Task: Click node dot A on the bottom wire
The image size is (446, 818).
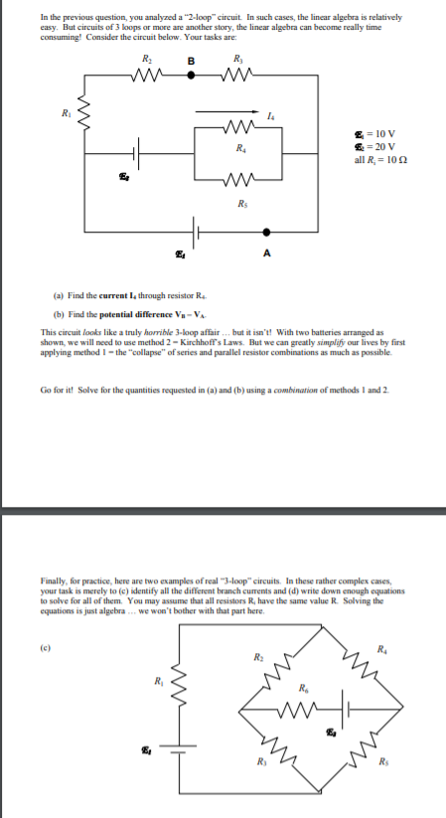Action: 265,236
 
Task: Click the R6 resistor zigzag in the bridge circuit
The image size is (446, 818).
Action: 300,708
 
